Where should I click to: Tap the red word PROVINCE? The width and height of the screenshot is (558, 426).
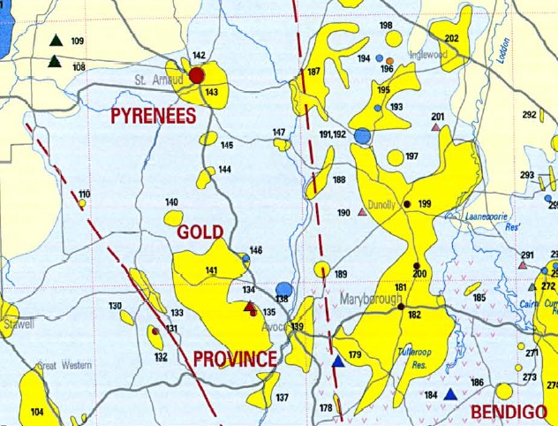235,358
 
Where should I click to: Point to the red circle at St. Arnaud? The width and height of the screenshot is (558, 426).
197,75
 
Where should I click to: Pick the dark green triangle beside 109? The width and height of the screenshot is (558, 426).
56,41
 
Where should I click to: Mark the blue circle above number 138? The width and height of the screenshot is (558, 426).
283,289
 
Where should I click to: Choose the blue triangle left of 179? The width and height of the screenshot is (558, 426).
337,361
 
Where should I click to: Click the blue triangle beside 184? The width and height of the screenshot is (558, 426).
450,394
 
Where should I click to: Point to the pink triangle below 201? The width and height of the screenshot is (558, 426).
435,128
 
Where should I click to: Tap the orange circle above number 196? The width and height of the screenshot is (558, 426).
389,61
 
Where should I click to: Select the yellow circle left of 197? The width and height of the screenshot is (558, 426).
395,157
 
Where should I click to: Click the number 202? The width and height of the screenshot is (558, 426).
452,38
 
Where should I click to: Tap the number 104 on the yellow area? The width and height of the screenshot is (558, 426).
37,412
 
